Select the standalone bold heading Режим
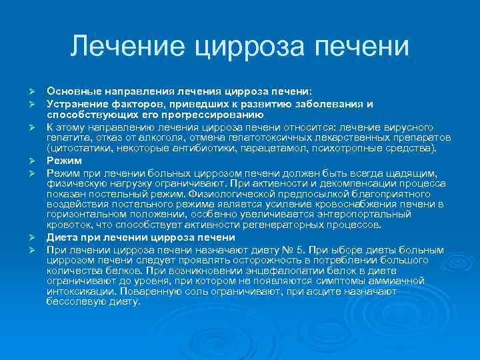click(x=64, y=161)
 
